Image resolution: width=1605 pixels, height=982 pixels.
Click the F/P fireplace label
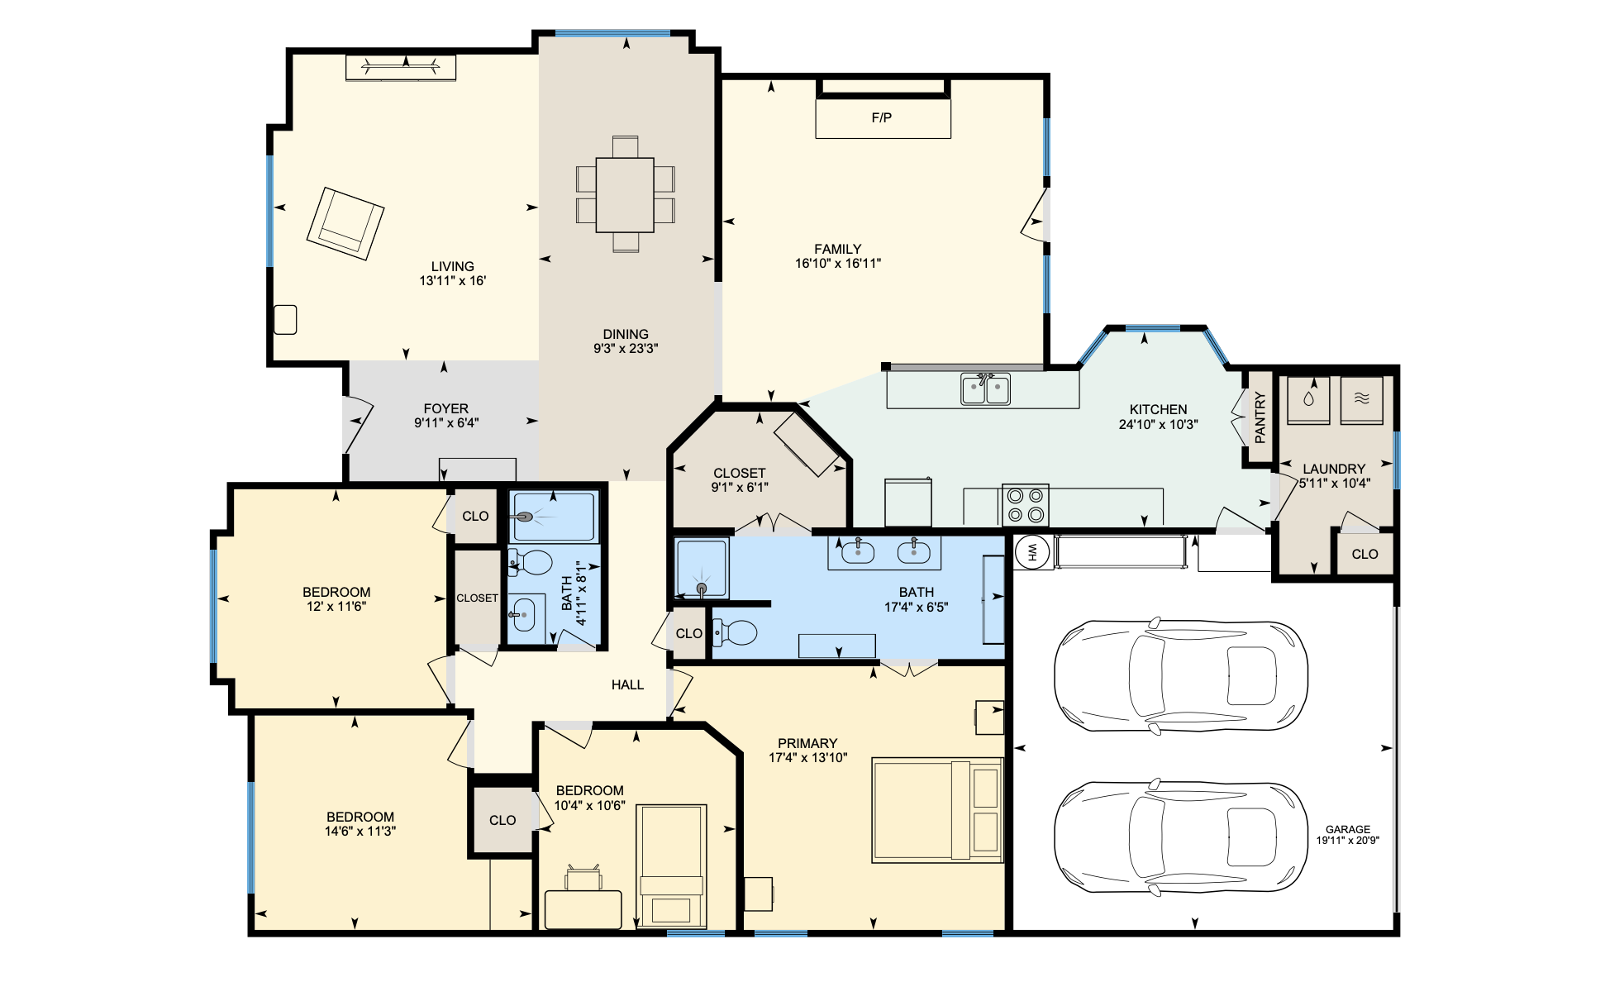point(881,117)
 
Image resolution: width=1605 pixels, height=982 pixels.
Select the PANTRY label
point(1260,417)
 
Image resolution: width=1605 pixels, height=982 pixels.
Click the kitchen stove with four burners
point(1026,505)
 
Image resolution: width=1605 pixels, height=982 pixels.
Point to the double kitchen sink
point(985,389)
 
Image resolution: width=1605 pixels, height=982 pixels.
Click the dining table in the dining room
point(625,195)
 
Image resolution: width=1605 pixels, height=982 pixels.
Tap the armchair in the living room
point(345,223)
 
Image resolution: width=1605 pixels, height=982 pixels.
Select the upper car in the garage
point(1180,675)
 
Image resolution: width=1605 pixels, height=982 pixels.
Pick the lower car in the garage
point(1180,837)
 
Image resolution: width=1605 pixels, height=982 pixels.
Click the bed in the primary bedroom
point(937,811)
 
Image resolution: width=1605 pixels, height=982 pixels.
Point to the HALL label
point(627,684)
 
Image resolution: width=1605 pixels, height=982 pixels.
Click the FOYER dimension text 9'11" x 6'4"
point(446,423)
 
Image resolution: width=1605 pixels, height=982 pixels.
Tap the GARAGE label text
point(1348,829)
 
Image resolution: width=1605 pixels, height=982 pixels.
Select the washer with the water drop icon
point(1308,400)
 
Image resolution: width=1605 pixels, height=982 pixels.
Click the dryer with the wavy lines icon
point(1361,400)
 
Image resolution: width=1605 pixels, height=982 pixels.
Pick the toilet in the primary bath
point(735,633)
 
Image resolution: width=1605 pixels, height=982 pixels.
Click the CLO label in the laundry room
point(1364,554)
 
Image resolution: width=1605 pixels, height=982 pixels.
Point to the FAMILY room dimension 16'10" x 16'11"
point(838,264)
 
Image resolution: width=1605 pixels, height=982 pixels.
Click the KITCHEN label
point(1158,409)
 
